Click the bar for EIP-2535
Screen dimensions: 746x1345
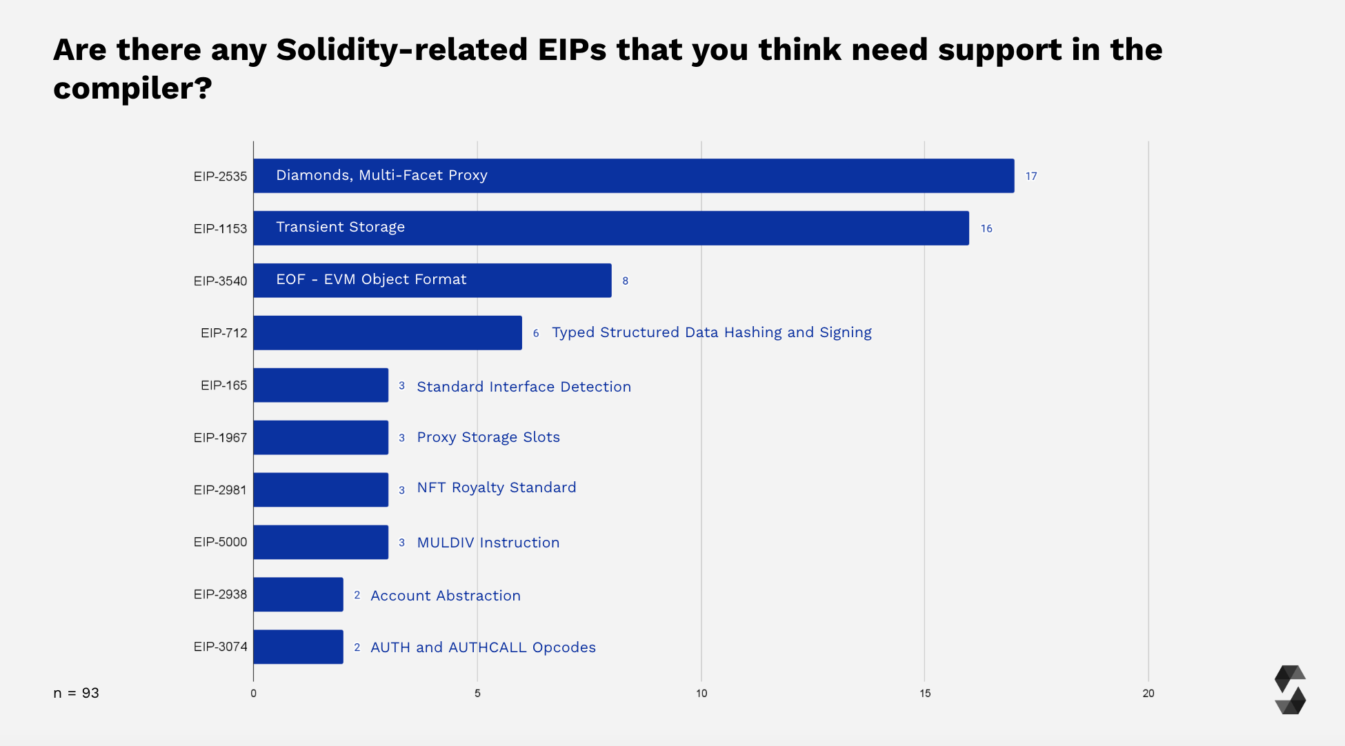pyautogui.click(x=633, y=176)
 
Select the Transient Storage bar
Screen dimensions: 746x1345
pyautogui.click(x=610, y=228)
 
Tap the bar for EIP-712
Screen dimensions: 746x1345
pyautogui.click(x=387, y=333)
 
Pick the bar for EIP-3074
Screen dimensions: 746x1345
pyautogui.click(x=298, y=647)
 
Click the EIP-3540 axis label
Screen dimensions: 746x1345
pyautogui.click(x=220, y=281)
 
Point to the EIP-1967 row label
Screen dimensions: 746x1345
pyautogui.click(x=220, y=438)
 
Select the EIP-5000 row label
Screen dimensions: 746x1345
pyautogui.click(x=220, y=542)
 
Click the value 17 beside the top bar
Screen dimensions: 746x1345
pyautogui.click(x=1031, y=177)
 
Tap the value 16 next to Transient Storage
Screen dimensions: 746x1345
pyautogui.click(x=986, y=229)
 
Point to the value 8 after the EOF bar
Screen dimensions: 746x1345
pyautogui.click(x=625, y=281)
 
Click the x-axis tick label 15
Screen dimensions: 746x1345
pyautogui.click(x=924, y=694)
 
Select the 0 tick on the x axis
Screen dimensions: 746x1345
pyautogui.click(x=253, y=694)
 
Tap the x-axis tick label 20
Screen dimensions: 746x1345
pyautogui.click(x=1148, y=694)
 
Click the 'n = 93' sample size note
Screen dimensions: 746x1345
pyautogui.click(x=76, y=693)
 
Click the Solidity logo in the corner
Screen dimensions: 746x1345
pyautogui.click(x=1290, y=689)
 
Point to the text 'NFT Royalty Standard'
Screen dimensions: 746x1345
pyautogui.click(x=496, y=487)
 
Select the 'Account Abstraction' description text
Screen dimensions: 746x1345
pyautogui.click(x=445, y=596)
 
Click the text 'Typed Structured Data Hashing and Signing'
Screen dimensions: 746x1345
pyautogui.click(x=711, y=332)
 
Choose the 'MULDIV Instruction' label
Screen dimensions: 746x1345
pyautogui.click(x=488, y=543)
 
